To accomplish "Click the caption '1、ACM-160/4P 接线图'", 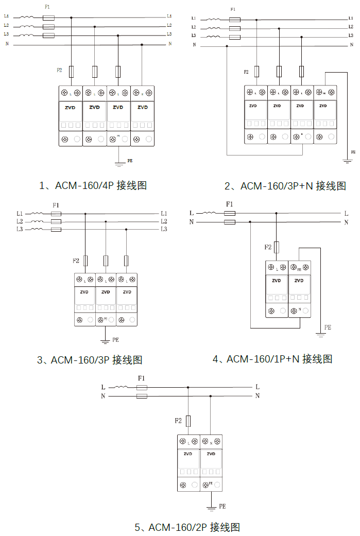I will (x=93, y=185).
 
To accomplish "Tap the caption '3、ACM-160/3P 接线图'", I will (x=90, y=360).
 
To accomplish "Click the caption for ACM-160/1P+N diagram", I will (x=272, y=359).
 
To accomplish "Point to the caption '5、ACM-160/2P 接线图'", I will (x=187, y=527).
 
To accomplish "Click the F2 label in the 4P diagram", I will (x=59, y=70).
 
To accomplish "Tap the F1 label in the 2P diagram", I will (x=141, y=378).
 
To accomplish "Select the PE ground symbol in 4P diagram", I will (x=119, y=164).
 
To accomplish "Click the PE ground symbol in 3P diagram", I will (x=105, y=340).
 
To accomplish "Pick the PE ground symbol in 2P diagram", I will (x=211, y=508).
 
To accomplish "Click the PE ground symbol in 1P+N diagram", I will (x=321, y=334).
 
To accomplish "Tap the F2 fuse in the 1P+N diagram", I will (x=277, y=247).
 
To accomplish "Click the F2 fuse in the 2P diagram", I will (x=188, y=421).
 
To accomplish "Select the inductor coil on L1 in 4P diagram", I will (x=26, y=17).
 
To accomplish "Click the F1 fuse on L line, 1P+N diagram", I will (x=230, y=213).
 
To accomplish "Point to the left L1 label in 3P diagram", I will (x=20, y=213).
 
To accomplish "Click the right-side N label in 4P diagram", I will (x=170, y=44).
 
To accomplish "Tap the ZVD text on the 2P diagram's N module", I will (x=211, y=454).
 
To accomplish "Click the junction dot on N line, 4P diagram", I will (x=142, y=45).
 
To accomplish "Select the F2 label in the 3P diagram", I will (x=76, y=261).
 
